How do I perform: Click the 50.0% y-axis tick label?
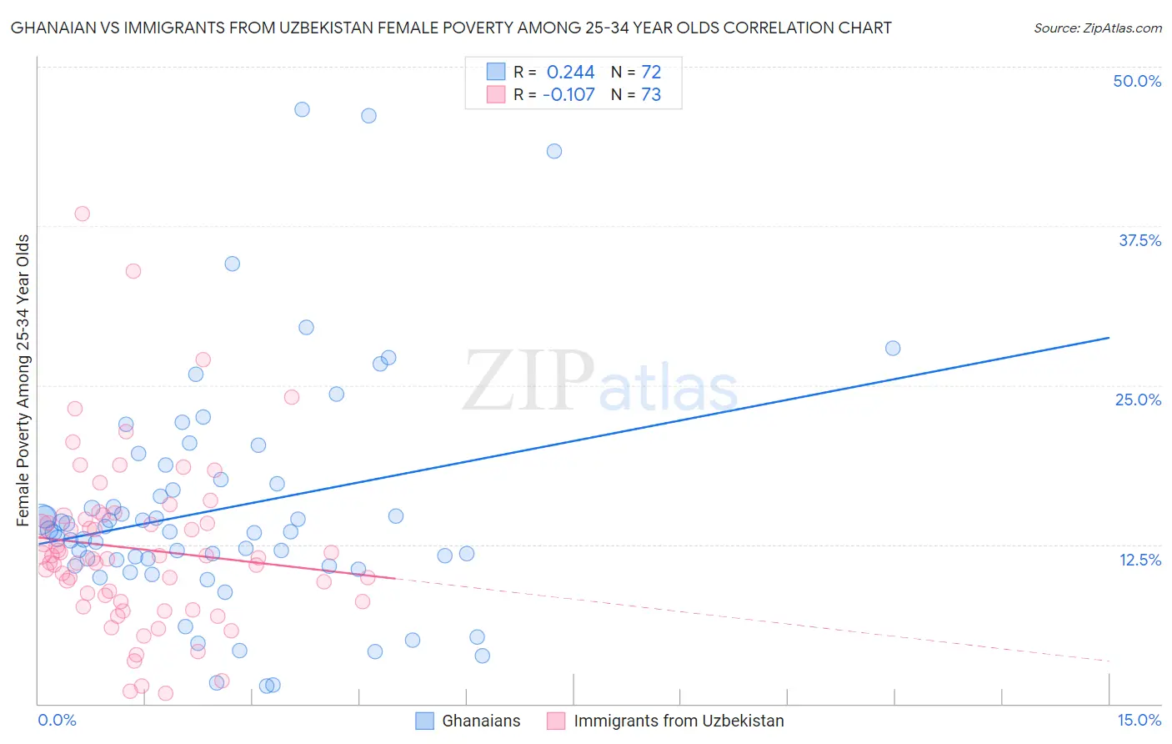1137,81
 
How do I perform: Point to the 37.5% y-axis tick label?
1139,240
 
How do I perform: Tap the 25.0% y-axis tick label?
1138,400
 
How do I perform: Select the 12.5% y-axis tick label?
1139,560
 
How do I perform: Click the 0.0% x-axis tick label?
57,720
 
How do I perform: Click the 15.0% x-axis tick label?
1139,720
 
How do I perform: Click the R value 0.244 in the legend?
570,73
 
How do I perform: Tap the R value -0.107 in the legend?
568,95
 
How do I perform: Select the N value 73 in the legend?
650,95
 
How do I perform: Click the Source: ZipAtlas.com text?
1097,28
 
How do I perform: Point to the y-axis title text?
23,380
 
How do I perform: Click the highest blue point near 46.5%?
302,109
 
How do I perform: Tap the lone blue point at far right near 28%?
893,348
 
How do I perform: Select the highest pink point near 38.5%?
82,214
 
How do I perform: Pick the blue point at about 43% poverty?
554,151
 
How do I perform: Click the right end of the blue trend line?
1109,338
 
